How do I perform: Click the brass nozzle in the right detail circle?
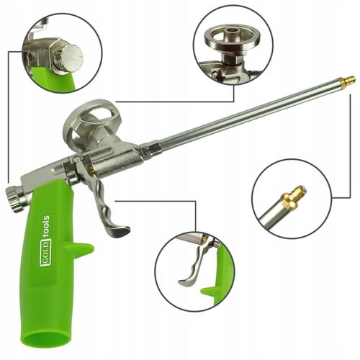[x=292, y=195]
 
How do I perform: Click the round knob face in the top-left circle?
[x=73, y=56]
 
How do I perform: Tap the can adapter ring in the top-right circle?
[x=233, y=36]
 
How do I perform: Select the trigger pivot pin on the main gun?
[x=77, y=158]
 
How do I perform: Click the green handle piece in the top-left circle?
[x=56, y=79]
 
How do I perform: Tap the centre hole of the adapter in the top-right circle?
[x=233, y=31]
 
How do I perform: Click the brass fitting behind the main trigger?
[x=91, y=169]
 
